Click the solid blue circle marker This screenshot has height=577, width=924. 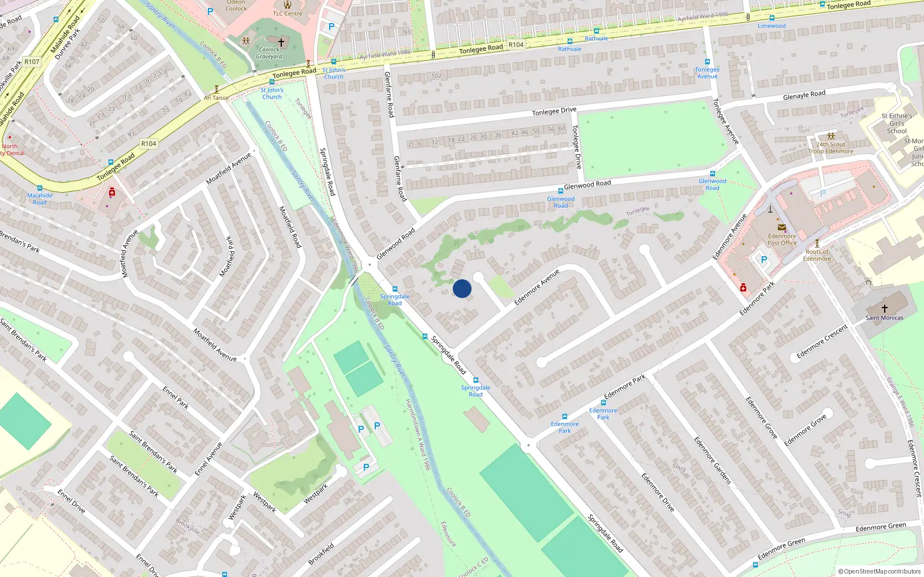coord(462,288)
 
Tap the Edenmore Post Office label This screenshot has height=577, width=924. coord(782,239)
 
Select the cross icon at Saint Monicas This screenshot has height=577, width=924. coord(884,309)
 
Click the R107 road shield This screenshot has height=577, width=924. coord(32,62)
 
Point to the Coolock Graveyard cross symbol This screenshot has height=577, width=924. coord(281,43)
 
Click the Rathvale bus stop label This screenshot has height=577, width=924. coord(569,49)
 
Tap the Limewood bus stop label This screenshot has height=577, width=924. coord(772,26)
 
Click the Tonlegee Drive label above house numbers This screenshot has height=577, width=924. coord(554,111)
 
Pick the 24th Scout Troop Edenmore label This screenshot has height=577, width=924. coord(830,148)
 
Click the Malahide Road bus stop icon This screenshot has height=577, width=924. coord(39,188)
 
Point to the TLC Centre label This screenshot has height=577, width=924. coord(288,13)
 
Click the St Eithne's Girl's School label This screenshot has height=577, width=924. coord(896,123)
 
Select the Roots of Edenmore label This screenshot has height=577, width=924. coord(817,255)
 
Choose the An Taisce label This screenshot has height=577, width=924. coord(216,98)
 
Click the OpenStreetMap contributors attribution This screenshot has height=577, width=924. coord(879,571)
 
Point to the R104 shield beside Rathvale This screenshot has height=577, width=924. coord(516,44)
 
